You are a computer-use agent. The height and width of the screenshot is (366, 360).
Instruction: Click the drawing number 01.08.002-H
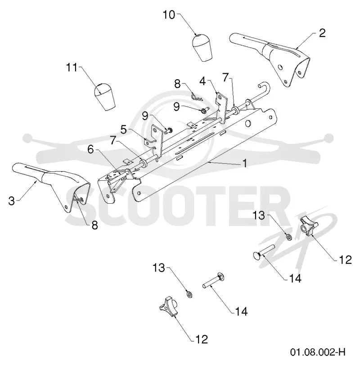click(318, 352)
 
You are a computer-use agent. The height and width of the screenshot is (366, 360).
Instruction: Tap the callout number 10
click(169, 15)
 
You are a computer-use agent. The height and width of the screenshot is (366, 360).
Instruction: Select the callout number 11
click(72, 68)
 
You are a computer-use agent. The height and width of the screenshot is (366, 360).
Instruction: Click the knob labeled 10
click(202, 48)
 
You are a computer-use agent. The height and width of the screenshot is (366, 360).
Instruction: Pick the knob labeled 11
click(104, 96)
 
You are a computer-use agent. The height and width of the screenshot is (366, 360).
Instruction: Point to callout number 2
click(322, 33)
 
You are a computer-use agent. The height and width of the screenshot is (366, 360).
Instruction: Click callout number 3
click(11, 201)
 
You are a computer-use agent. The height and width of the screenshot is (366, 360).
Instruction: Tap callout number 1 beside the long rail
click(245, 163)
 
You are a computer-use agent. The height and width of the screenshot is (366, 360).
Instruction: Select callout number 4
click(202, 81)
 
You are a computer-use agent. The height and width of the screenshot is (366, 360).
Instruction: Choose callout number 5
click(124, 129)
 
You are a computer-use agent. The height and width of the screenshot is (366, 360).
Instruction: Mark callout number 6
click(90, 149)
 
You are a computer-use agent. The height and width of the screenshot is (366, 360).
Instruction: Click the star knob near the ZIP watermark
click(309, 226)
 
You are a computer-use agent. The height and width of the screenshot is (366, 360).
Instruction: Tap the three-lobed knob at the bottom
click(169, 307)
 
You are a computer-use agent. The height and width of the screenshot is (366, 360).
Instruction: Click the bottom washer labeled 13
click(189, 295)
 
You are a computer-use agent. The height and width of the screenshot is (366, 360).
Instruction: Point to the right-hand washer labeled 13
click(289, 237)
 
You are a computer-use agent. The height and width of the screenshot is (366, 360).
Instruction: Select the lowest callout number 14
click(241, 312)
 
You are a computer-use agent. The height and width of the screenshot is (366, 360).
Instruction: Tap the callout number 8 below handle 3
click(94, 225)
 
